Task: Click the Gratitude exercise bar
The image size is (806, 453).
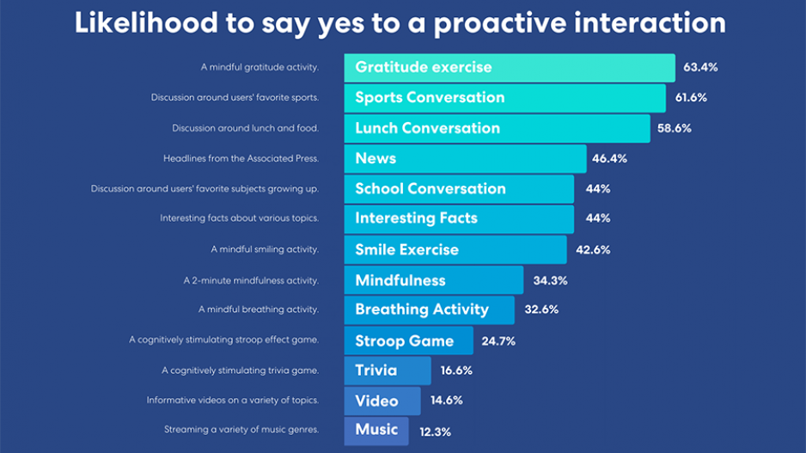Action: pos(509,67)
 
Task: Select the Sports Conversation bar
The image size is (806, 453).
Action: pos(504,98)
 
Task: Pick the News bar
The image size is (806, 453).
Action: pos(465,158)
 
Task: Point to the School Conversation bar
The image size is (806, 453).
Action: pos(459,189)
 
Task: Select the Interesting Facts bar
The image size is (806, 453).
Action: pos(459,219)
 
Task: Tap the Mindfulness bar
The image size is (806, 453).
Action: pos(433,280)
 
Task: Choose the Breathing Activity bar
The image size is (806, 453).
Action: pos(429,310)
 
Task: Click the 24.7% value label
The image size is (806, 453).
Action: pos(498,341)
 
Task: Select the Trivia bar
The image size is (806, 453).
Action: pos(388,370)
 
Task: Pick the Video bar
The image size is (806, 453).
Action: pos(382,401)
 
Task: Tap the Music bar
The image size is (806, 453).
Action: pos(376,431)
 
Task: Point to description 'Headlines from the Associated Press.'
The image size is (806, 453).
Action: pos(241,158)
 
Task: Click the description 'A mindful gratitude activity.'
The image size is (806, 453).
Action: pos(259,67)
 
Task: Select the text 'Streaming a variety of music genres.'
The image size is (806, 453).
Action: pos(241,430)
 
